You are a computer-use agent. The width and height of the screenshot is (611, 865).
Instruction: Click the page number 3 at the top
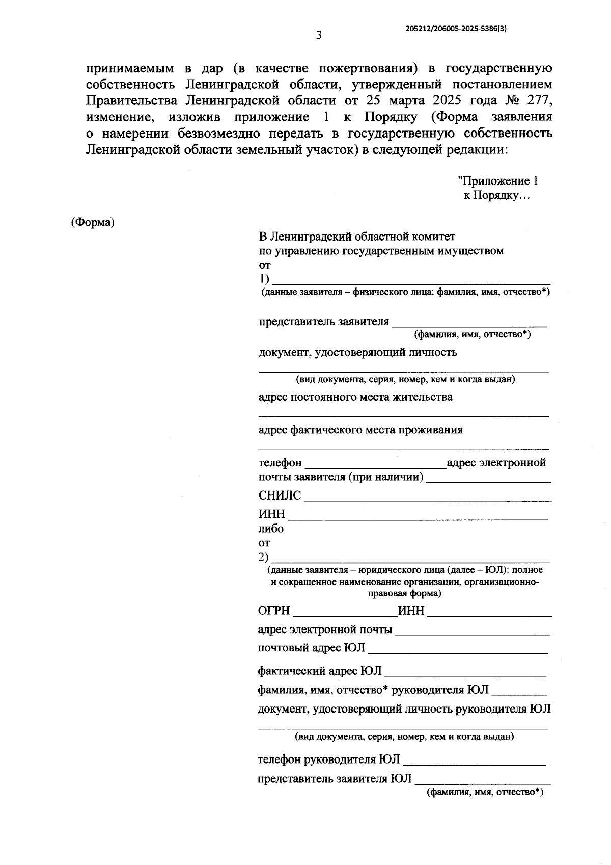click(318, 35)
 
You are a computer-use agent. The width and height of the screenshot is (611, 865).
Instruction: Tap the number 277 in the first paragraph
click(540, 100)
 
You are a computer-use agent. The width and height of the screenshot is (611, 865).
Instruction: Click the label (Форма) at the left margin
click(93, 222)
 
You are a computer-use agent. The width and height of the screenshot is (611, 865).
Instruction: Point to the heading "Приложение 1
click(497, 181)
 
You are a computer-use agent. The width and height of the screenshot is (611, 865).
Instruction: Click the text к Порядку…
click(496, 195)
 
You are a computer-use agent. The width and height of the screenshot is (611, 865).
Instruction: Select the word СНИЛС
click(280, 495)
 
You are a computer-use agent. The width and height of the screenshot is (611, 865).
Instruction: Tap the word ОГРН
click(274, 611)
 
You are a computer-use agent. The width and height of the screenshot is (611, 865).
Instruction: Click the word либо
click(271, 529)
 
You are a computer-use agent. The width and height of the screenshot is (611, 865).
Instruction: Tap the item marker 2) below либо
click(264, 557)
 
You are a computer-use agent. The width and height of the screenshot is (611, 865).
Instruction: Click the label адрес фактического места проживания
click(360, 430)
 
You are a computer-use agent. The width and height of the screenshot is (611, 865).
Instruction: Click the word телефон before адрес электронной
click(280, 463)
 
